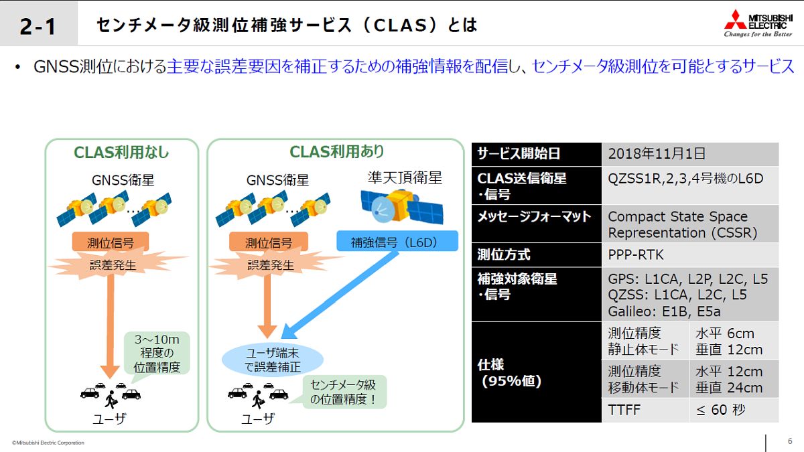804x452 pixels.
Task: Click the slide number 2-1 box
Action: pos(39,23)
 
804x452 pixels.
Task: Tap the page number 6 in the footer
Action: pos(790,441)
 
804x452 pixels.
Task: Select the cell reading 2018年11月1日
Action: pos(690,154)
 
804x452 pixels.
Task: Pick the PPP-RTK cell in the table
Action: pos(690,254)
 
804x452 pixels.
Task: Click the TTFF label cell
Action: pos(645,410)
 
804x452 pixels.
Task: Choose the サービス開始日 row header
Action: pos(536,154)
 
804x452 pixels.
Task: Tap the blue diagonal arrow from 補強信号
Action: pos(340,295)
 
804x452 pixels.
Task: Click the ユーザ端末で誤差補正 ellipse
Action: pos(273,360)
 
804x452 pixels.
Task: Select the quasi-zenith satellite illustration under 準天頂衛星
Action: pos(401,207)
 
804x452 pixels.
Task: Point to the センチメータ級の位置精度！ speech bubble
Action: pos(344,392)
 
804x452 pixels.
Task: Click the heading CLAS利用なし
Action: pos(121,153)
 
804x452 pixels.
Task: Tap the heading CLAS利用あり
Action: pos(336,152)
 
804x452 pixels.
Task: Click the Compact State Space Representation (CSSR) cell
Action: pos(690,224)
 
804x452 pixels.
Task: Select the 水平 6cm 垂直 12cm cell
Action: pos(734,341)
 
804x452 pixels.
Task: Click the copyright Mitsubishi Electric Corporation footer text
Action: pos(48,443)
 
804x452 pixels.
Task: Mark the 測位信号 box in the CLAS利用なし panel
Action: pos(110,242)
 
